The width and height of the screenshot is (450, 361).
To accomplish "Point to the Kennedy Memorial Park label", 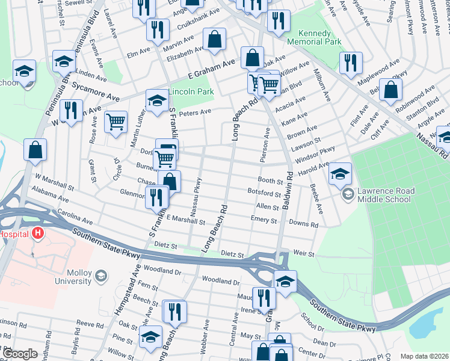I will pos(314,38).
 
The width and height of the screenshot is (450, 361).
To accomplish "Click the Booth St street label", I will pos(270,180).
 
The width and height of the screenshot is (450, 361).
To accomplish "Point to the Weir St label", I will pos(304,254).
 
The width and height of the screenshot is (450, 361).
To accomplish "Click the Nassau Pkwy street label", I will pos(196,194).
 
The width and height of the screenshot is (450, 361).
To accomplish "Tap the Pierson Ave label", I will pos(265,144).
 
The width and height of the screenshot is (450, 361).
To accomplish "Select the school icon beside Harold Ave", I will pos(340,174).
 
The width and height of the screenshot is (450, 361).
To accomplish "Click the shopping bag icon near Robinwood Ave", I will pos(391,90).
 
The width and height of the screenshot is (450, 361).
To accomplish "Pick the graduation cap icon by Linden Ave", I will pos(63,61).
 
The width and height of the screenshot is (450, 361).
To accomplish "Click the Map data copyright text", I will pos(424,356).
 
